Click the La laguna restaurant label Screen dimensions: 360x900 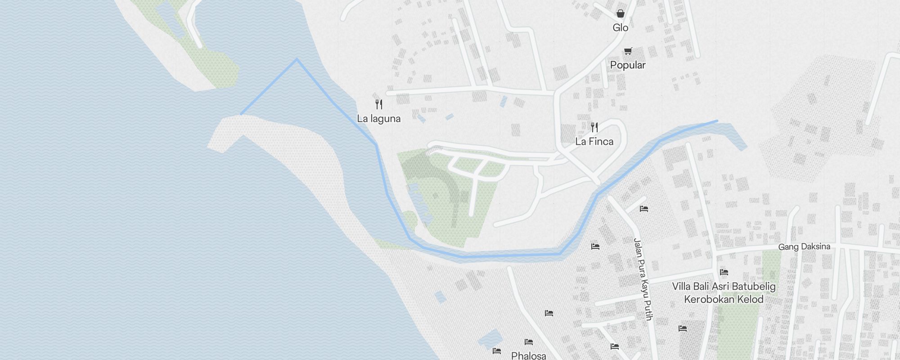pos(378,119)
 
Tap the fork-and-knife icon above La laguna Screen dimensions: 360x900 pos(379,104)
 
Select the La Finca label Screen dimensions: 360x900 pos(594,142)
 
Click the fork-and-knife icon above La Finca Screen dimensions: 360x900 pos(594,127)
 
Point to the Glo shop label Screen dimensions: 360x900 pos(620,28)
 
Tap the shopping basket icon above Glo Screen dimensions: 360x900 pos(620,13)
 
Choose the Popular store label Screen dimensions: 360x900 pos(628,65)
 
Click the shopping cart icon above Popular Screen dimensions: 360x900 pos(628,51)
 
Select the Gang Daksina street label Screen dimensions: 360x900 pos(804,247)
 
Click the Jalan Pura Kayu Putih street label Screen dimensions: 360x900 pos(643,279)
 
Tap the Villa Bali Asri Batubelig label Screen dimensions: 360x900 pos(724,286)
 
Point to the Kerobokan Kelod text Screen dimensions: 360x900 pos(724,299)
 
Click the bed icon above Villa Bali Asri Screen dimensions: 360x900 pos(724,272)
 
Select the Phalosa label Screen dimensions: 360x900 pos(529,355)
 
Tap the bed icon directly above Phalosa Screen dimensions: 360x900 pos(529,342)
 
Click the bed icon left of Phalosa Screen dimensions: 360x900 pos(497,351)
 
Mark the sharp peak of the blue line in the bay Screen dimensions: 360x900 pos(297,59)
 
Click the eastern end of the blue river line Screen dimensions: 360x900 pos(717,121)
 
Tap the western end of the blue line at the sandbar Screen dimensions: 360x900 pos(241,114)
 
